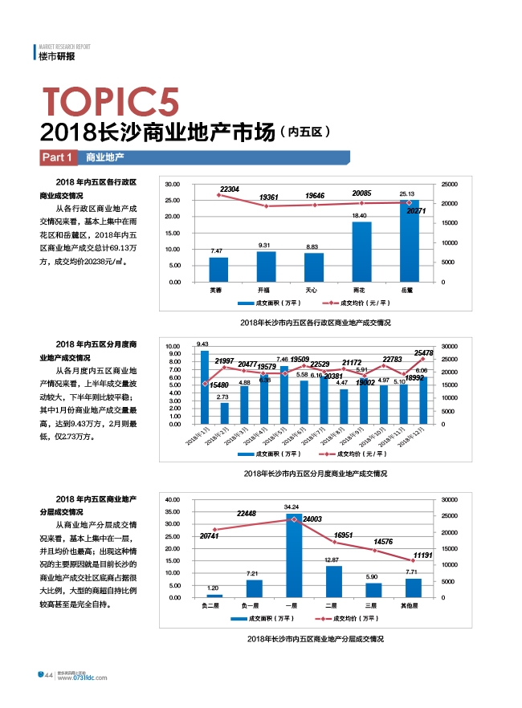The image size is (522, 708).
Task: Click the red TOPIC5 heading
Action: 111,103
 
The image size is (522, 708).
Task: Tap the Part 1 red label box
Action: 58,157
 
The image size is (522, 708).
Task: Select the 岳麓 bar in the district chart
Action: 409,241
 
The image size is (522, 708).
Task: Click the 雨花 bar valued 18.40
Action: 361,251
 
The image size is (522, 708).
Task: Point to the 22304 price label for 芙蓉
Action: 229,189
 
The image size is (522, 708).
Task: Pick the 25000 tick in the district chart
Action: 449,185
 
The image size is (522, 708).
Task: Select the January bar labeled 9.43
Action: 204,387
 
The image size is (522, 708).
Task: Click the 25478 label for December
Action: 424,353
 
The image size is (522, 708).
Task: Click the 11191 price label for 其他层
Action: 423,555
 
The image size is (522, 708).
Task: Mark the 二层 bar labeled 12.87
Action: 332,581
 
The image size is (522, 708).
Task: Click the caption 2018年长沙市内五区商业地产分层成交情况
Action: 315,639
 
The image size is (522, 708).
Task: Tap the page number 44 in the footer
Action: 48,675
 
